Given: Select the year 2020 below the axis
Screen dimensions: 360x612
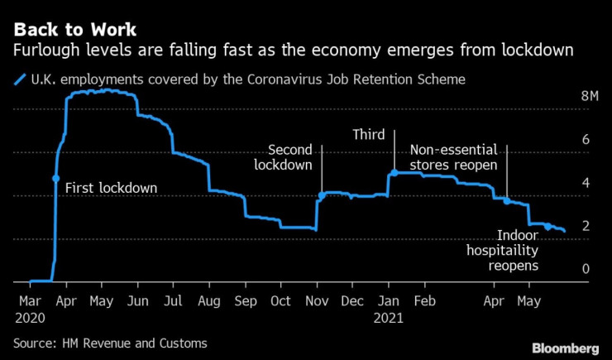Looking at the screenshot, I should [31, 316].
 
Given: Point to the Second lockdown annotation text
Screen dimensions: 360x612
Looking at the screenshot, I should [289, 157].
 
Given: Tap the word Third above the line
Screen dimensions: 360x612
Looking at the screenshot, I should [369, 135].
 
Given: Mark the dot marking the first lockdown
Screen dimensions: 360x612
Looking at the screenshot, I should [56, 178].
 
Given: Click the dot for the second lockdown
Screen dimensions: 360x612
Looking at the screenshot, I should [322, 196].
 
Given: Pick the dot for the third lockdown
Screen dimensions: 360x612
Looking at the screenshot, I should [394, 173].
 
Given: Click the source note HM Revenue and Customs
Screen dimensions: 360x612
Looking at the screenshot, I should [110, 342].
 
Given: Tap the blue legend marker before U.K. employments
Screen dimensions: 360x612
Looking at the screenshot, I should [18, 79].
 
